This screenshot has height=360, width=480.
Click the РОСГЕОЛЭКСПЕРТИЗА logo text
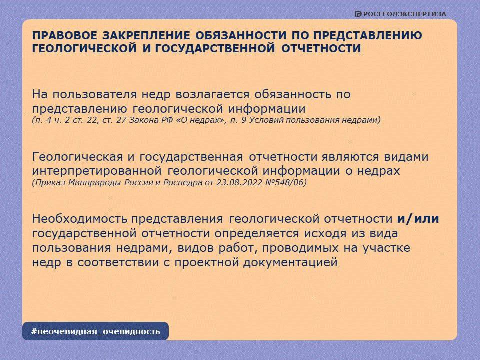[404, 14]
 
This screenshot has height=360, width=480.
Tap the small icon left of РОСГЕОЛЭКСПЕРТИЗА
[358, 14]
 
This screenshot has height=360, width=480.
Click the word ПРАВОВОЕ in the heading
[65, 35]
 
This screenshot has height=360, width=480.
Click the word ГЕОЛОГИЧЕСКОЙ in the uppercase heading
[84, 48]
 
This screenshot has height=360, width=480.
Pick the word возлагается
[212, 95]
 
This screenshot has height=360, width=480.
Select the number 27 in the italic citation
[121, 120]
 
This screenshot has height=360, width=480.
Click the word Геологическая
[77, 157]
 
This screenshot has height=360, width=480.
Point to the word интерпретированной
[97, 171]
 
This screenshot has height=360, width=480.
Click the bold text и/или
[418, 219]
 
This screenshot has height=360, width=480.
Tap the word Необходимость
[80, 219]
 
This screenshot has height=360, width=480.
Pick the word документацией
[290, 263]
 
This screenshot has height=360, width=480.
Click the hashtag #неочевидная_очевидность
[96, 331]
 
